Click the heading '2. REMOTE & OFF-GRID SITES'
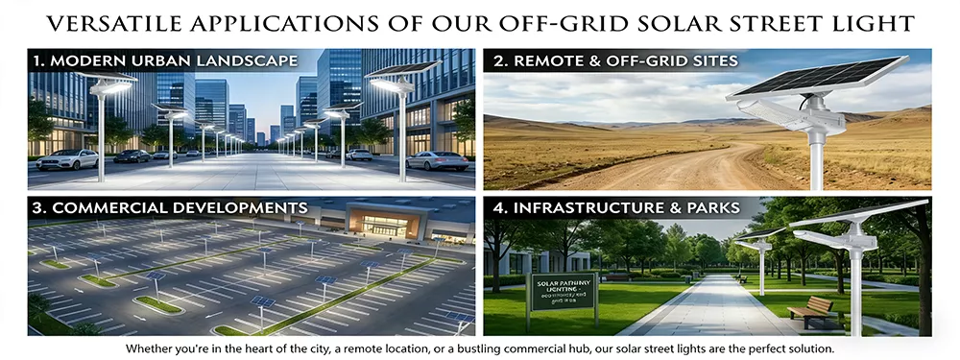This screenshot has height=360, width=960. point(614,61)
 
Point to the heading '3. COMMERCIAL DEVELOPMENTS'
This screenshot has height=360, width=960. point(170,207)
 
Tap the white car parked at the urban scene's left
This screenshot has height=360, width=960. point(67,158)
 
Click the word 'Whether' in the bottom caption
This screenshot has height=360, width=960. point(150,348)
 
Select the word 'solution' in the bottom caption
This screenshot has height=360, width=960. point(807,348)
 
